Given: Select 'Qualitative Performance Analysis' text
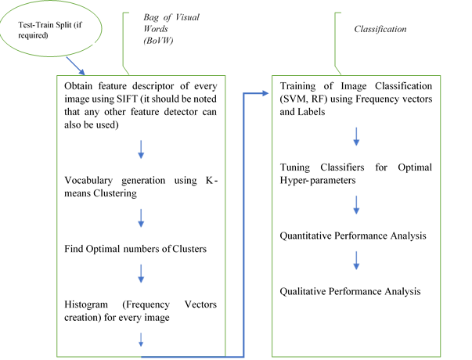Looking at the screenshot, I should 351,291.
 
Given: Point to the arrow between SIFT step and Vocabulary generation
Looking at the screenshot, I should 142,149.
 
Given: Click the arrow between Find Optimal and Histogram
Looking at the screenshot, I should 142,273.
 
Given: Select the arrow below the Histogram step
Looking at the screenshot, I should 142,337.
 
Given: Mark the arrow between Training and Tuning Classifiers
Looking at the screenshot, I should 355,137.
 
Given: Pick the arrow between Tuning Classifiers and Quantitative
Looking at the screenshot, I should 355,205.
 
